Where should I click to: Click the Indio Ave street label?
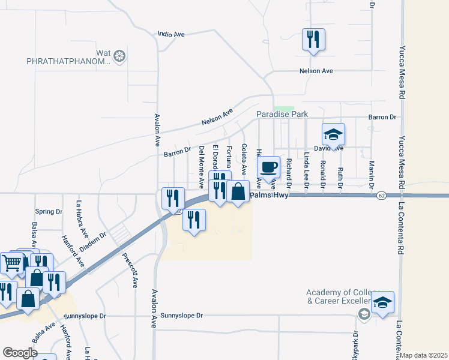[171, 35]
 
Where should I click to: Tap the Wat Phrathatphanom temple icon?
[119, 57]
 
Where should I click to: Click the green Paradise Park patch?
[285, 109]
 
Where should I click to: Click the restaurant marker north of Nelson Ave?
[313, 40]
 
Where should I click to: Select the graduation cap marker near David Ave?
[333, 134]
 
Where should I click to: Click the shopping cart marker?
[12, 262]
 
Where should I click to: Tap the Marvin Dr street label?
[372, 172]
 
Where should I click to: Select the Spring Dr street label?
[49, 212]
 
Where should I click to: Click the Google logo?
[20, 353]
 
